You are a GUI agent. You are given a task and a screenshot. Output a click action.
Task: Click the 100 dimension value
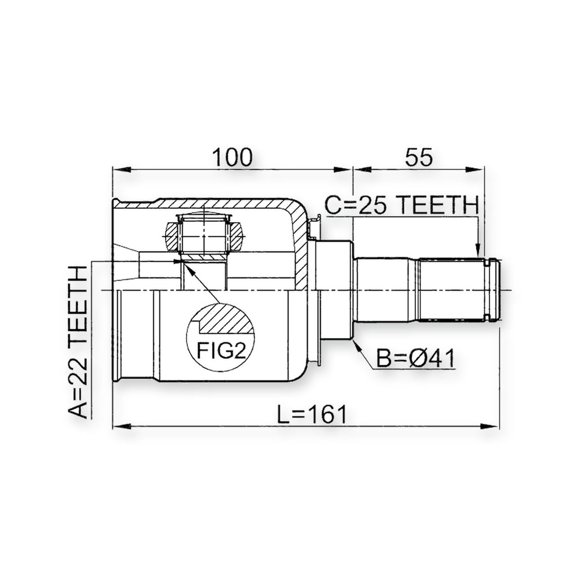pyautogui.click(x=233, y=157)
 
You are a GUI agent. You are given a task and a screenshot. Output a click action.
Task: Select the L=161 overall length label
pyautogui.click(x=312, y=414)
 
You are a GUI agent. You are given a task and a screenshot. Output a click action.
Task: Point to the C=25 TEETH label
pyautogui.click(x=402, y=205)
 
